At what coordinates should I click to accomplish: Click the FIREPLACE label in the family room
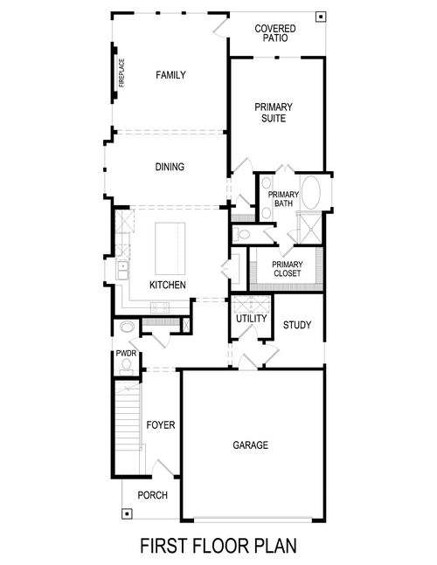(121, 73)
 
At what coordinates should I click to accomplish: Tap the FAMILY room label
(170, 75)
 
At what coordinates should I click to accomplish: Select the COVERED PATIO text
(274, 34)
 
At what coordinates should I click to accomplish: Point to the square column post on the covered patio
(321, 17)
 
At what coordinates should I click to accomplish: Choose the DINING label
(170, 167)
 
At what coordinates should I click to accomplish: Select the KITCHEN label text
(166, 286)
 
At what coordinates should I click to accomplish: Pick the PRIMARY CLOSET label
(287, 269)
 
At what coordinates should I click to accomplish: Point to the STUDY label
(296, 326)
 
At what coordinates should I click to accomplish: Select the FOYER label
(161, 425)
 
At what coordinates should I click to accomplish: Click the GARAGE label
(250, 445)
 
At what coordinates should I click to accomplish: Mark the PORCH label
(152, 495)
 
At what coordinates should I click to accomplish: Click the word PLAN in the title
(274, 546)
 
